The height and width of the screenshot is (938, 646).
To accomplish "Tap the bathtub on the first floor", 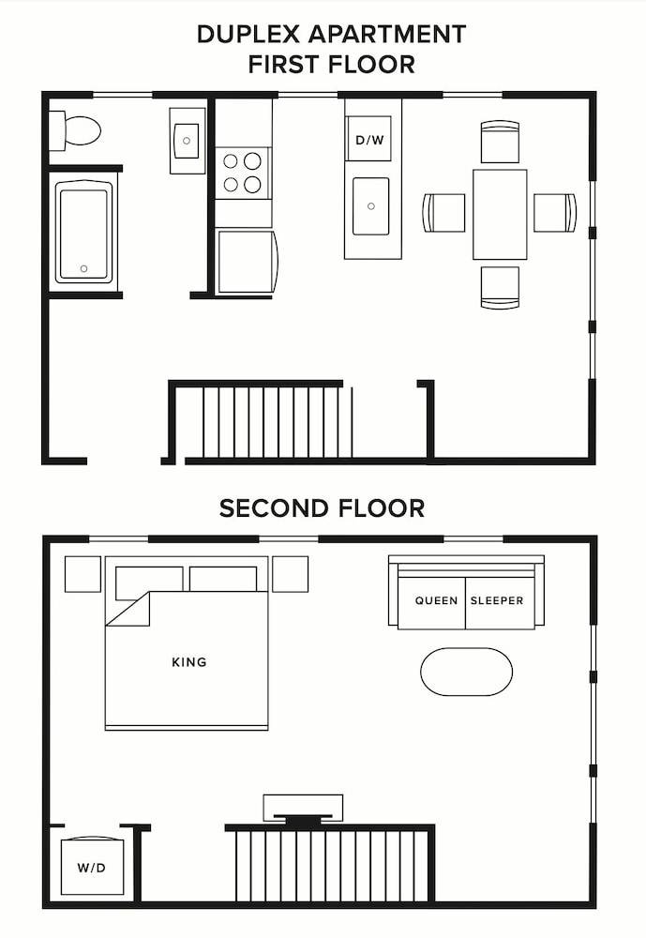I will pos(83,232).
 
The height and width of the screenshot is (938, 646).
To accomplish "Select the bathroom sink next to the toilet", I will pos(187,141).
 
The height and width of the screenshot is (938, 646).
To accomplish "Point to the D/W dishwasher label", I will pos(369,141).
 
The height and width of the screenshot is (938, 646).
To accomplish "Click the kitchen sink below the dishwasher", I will pos(371,206).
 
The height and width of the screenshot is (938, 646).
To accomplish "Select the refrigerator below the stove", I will pos(247,260).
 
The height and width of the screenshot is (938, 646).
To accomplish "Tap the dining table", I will pos(500,214).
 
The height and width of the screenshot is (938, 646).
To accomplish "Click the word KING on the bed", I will pos(189,662).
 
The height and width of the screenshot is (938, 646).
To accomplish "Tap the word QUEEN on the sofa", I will pos(437,600).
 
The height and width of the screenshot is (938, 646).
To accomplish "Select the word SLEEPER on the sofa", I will pos(496,600).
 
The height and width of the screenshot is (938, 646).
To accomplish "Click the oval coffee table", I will pos(467,672).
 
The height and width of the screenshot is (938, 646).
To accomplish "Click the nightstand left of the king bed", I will pos(83,573).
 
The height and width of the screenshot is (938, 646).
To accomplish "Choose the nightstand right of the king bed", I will pos(290,573).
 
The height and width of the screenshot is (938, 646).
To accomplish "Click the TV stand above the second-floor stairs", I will pos(303,807).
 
